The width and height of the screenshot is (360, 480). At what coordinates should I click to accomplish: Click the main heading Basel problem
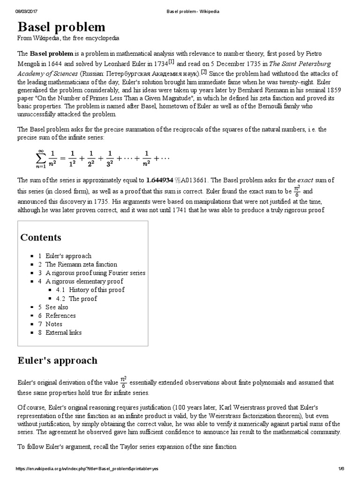(x=61, y=26)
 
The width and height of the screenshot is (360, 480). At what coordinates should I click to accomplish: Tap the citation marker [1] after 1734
(x=172, y=61)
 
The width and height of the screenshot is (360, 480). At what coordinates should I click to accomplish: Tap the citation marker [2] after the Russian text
(x=204, y=71)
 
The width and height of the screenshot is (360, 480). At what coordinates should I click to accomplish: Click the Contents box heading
(x=41, y=237)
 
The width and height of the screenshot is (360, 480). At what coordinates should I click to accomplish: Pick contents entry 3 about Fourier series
(x=95, y=273)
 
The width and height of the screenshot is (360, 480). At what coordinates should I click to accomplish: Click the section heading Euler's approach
(x=58, y=360)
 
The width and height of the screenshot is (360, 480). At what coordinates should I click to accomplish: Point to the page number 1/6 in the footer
(x=340, y=469)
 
